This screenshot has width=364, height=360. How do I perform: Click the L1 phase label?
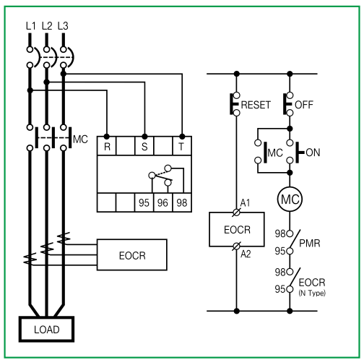click(30, 26)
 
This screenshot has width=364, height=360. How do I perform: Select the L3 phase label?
click(63, 26)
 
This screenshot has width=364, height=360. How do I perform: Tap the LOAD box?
click(46, 329)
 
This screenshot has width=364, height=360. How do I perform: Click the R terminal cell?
click(107, 146)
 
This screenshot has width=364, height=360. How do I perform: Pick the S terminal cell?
click(144, 146)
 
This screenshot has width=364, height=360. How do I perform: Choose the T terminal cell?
click(182, 146)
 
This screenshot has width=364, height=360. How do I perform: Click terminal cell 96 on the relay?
click(163, 202)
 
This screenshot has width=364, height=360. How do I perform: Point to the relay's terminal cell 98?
click(182, 202)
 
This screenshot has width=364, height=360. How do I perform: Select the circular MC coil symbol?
click(290, 200)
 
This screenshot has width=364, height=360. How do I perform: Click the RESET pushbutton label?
click(256, 105)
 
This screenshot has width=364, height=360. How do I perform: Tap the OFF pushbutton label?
click(304, 105)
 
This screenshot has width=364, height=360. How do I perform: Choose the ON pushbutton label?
click(313, 153)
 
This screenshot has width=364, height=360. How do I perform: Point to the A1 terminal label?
click(245, 203)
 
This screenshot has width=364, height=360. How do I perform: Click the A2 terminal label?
click(246, 254)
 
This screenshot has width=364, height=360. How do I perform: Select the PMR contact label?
click(310, 244)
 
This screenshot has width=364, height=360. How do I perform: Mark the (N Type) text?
click(312, 293)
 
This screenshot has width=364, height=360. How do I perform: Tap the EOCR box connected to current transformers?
click(132, 255)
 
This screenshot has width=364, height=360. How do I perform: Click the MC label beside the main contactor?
click(80, 140)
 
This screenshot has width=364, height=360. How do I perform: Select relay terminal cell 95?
click(144, 202)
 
